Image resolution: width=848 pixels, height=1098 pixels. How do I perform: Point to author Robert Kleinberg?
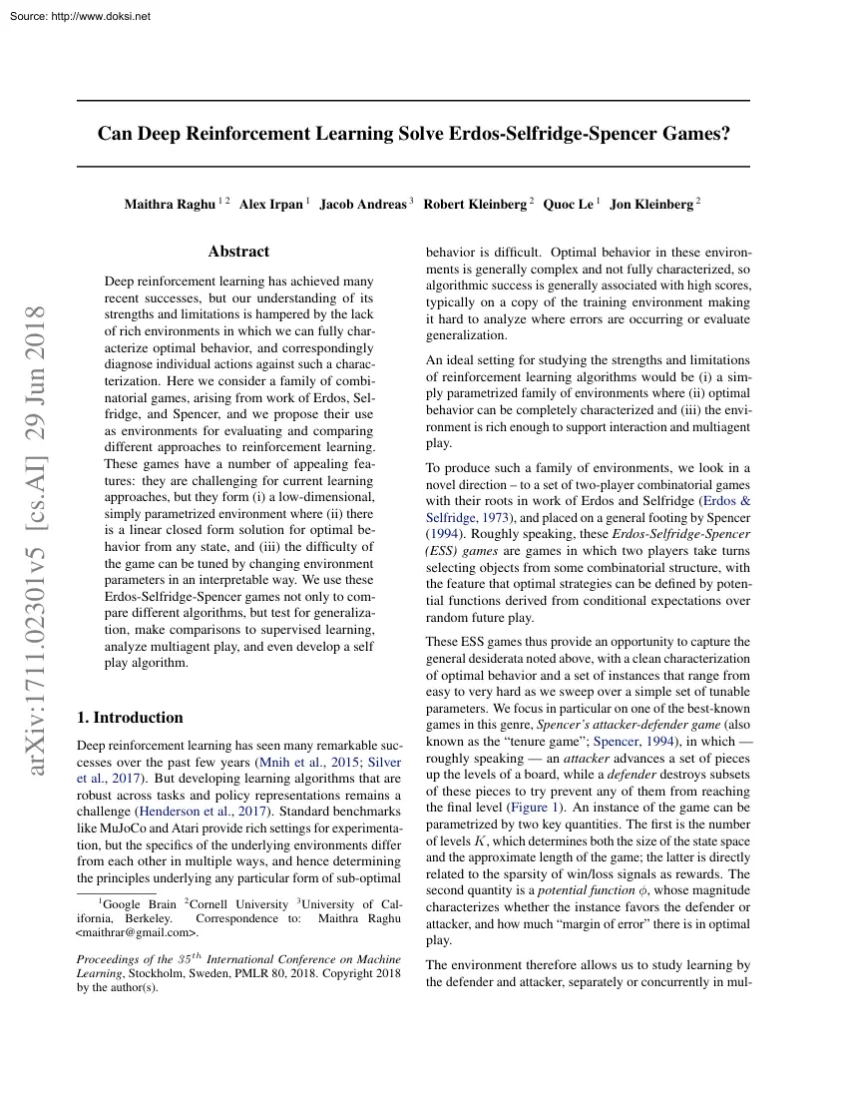point(475,205)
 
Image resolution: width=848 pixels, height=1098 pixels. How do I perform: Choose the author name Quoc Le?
point(568,205)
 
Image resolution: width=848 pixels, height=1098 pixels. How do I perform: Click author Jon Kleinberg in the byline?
point(650,205)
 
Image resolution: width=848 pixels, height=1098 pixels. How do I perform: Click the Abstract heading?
point(238,252)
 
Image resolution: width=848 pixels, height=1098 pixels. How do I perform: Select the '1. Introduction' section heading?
point(130,718)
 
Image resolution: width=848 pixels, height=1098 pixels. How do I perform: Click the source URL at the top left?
point(77,17)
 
